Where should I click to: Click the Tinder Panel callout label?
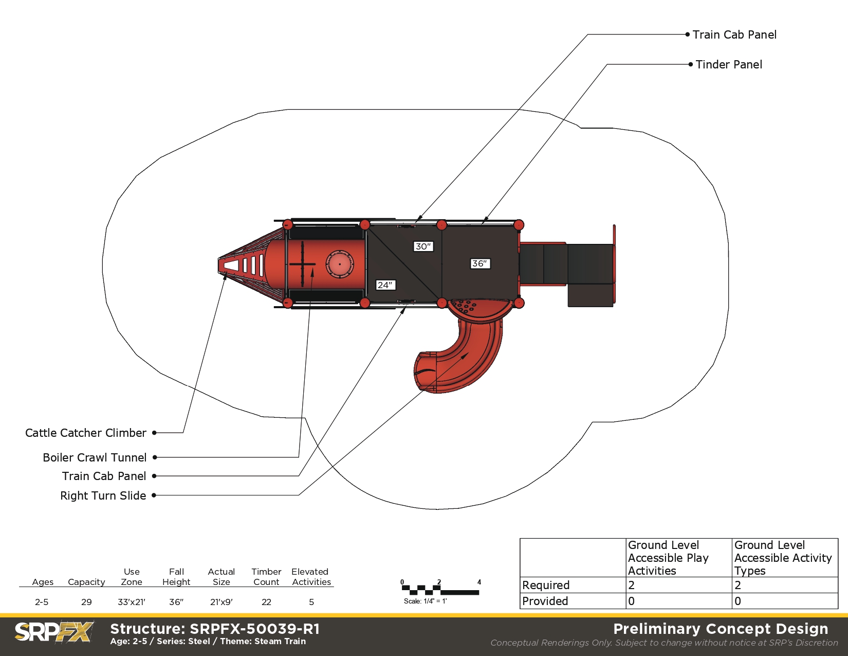tap(729, 64)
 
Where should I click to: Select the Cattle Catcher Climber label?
tap(85, 433)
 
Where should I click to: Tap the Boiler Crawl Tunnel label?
tap(95, 457)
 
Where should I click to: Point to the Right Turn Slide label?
tap(103, 495)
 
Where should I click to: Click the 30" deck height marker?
tap(423, 246)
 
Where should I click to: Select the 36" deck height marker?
tap(480, 264)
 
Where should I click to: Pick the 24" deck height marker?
tap(385, 285)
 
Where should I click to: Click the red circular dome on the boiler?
tap(340, 264)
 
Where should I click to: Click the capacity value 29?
tap(86, 602)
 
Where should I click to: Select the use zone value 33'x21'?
tap(132, 602)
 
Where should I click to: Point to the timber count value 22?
tap(266, 602)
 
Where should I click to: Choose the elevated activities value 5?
tap(311, 602)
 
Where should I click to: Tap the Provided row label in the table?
tap(545, 601)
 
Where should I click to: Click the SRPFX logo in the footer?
tap(54, 632)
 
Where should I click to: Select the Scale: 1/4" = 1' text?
tap(426, 601)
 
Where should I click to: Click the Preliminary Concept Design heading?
tap(721, 629)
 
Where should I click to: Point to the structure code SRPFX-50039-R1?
tap(255, 629)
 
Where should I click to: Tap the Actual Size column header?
tap(222, 577)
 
